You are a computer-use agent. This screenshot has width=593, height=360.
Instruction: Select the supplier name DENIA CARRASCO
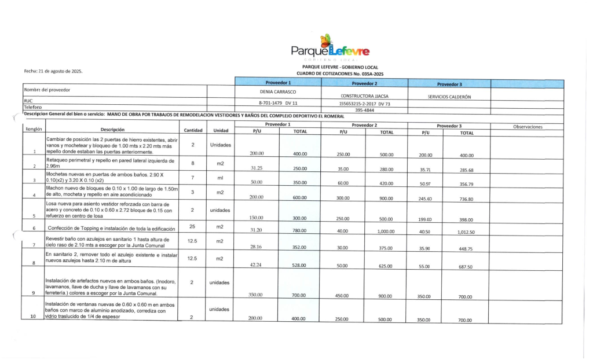click(x=278, y=92)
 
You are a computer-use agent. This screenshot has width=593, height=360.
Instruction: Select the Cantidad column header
click(x=193, y=130)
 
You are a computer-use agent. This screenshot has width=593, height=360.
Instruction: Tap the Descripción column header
click(x=112, y=130)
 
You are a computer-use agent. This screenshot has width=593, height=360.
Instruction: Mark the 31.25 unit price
click(x=257, y=168)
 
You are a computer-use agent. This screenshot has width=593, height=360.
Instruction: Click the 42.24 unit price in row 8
click(x=257, y=266)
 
